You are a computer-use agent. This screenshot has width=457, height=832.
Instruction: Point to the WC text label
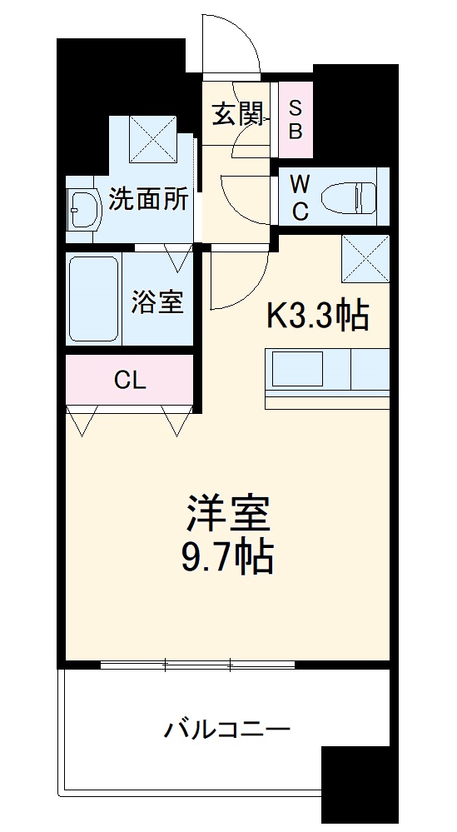click(x=301, y=197)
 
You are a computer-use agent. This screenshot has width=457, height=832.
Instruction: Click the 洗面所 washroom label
click(x=150, y=201)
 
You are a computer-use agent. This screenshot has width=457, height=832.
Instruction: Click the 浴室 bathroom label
click(x=156, y=302)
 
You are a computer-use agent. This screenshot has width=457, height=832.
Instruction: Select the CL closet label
click(x=131, y=381)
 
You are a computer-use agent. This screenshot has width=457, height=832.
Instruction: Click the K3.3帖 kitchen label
click(x=318, y=315)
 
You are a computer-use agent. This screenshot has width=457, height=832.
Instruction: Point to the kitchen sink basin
click(x=295, y=367)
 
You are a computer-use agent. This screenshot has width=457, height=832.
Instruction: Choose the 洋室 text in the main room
click(x=227, y=515)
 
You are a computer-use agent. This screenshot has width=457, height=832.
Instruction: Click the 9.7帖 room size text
click(x=227, y=557)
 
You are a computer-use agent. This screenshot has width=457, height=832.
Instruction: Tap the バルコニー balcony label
click(x=226, y=730)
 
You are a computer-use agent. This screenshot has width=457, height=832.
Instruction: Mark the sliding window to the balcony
click(x=197, y=665)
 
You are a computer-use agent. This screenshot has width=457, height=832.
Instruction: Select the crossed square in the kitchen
click(x=365, y=258)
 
